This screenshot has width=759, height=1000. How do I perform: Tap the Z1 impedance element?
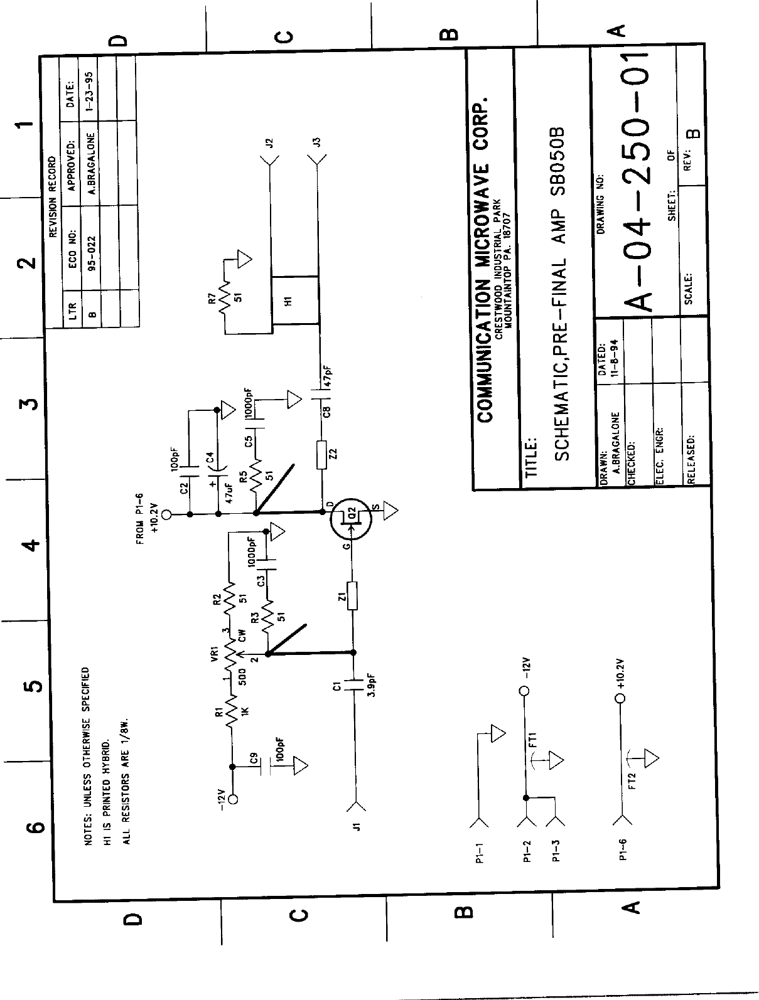[x=352, y=596]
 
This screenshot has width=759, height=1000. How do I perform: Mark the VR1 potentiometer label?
[x=214, y=656]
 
